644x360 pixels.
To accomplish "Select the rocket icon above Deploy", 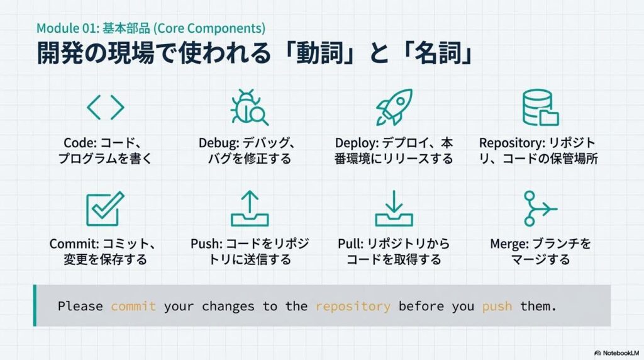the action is pyautogui.click(x=394, y=107).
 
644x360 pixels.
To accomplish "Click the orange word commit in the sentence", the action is pyautogui.click(x=133, y=306).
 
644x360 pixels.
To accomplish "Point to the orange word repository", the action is pyautogui.click(x=353, y=307).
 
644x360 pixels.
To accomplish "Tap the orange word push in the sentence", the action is pyautogui.click(x=497, y=307).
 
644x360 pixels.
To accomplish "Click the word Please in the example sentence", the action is pyautogui.click(x=80, y=306).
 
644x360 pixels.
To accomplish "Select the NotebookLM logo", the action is pyautogui.click(x=616, y=353).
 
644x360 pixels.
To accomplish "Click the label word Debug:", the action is pyautogui.click(x=219, y=143).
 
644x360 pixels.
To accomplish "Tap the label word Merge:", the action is pyautogui.click(x=509, y=244).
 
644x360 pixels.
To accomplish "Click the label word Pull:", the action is pyautogui.click(x=350, y=244).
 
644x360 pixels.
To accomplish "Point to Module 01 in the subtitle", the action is pyautogui.click(x=67, y=28).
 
